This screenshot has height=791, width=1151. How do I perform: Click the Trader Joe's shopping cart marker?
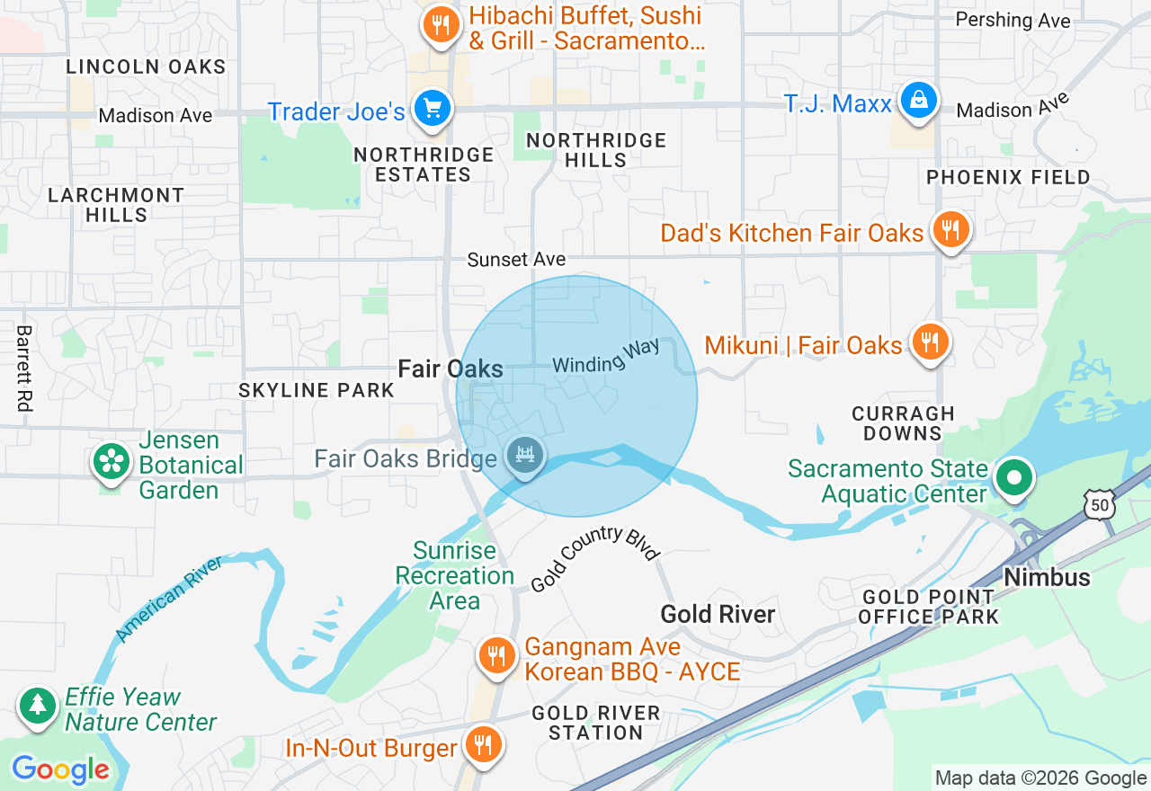(x=433, y=109)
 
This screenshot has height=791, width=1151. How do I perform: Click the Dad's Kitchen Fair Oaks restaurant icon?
(x=950, y=230)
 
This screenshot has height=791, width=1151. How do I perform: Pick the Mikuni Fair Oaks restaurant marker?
(x=930, y=342)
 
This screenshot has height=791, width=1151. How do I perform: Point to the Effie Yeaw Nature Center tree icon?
(x=38, y=706)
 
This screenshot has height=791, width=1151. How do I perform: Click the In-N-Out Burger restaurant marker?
(x=484, y=744)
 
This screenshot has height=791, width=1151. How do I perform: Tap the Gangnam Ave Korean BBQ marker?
(x=495, y=655)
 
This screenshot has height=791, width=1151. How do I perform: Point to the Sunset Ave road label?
(x=516, y=260)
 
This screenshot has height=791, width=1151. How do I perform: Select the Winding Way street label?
(x=606, y=356)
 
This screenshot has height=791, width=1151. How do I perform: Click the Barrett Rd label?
(x=23, y=369)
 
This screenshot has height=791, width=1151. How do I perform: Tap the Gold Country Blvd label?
(x=594, y=558)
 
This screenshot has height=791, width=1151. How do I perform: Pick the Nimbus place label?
(x=1047, y=577)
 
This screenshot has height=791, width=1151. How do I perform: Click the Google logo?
(x=60, y=770)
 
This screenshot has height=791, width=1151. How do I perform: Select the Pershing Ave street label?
(x=1013, y=20)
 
